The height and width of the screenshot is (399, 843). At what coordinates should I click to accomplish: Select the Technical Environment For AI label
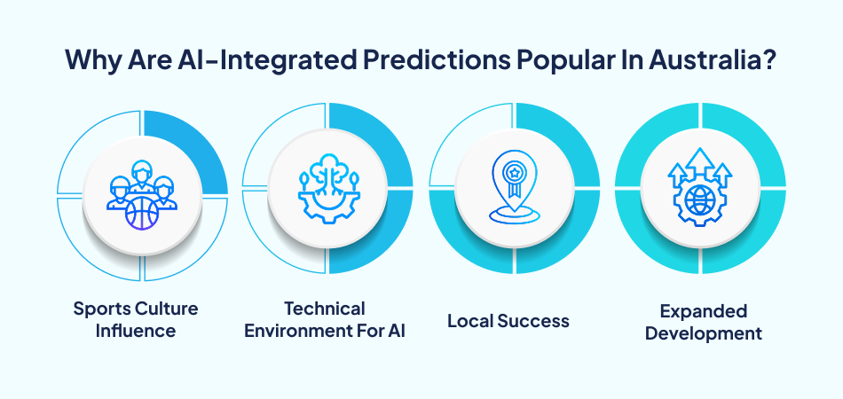coord(326,320)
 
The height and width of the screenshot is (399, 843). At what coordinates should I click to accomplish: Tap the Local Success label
coord(508,320)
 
